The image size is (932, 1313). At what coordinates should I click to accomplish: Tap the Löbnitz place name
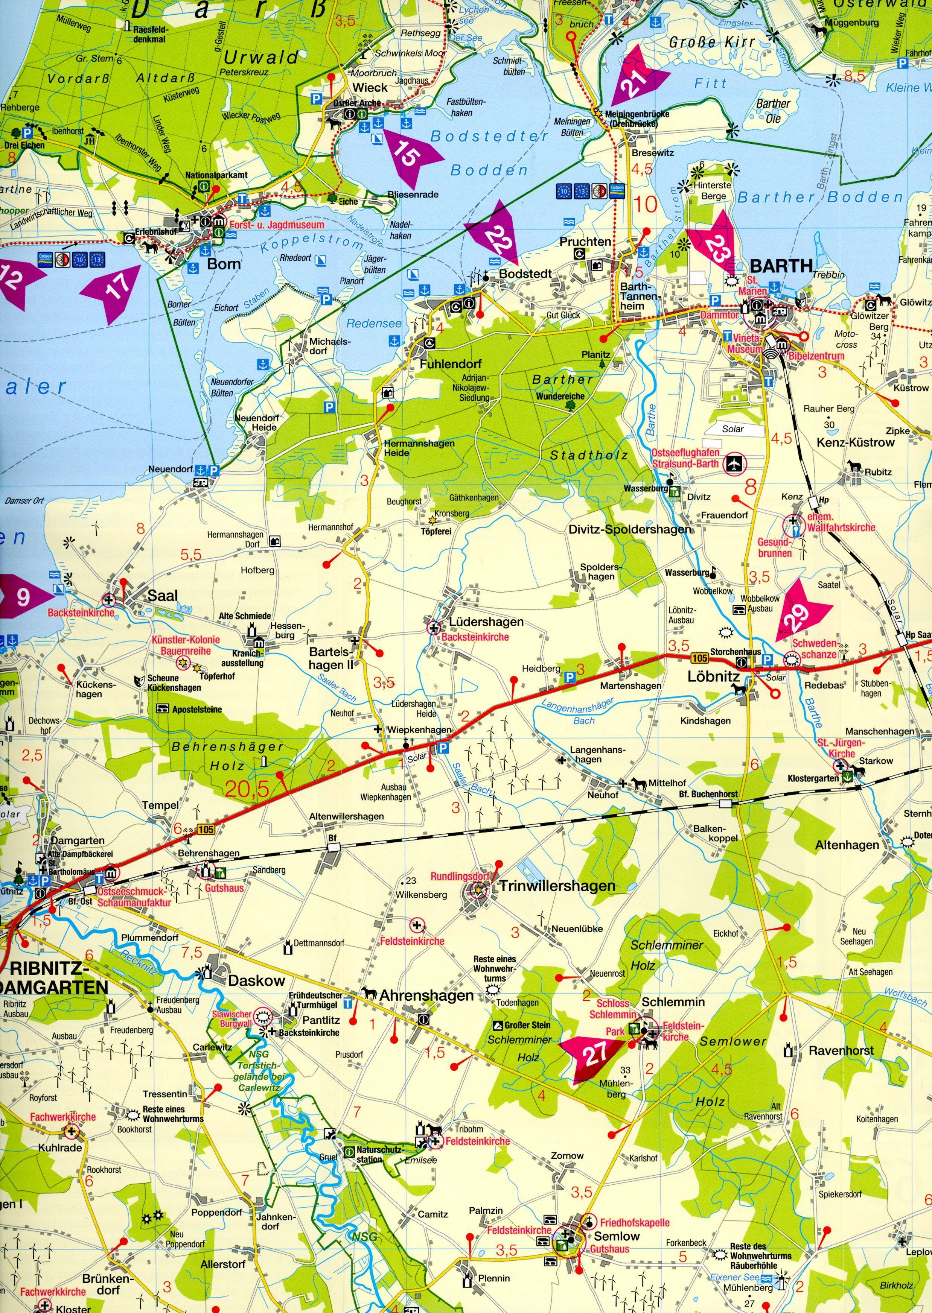[713, 677]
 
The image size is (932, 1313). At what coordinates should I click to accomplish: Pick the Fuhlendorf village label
[451, 364]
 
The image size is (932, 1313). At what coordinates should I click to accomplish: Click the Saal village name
[162, 596]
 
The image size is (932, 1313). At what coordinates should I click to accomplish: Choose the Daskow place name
[256, 980]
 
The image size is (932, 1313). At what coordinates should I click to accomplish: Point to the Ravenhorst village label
[841, 1051]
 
